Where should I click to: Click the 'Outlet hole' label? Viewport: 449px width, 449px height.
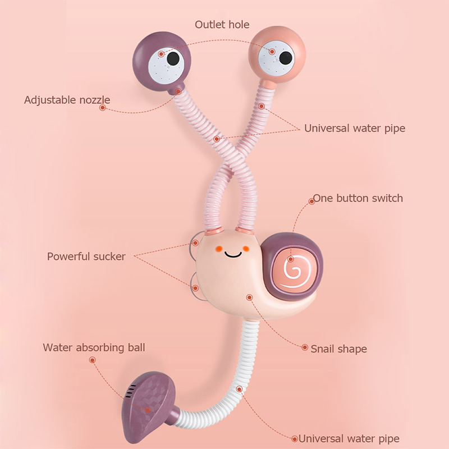pyautogui.click(x=222, y=24)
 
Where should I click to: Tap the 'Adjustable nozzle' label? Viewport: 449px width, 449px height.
pyautogui.click(x=67, y=100)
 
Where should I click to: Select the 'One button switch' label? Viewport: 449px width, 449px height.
pyautogui.click(x=358, y=198)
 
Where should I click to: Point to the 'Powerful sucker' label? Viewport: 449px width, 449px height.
pyautogui.click(x=86, y=256)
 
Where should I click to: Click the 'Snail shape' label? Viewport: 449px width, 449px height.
pyautogui.click(x=338, y=349)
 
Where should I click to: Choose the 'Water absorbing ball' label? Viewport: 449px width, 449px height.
pyautogui.click(x=94, y=347)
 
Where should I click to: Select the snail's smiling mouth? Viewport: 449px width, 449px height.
pyautogui.click(x=232, y=254)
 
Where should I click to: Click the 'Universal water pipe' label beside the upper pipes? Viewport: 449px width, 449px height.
pyautogui.click(x=354, y=128)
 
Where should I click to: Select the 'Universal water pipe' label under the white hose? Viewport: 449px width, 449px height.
pyautogui.click(x=349, y=438)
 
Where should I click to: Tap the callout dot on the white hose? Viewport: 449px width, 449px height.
pyautogui.click(x=240, y=388)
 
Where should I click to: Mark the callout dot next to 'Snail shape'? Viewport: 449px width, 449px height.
pyautogui.click(x=305, y=348)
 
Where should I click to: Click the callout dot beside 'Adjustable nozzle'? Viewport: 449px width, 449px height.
pyautogui.click(x=102, y=108)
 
